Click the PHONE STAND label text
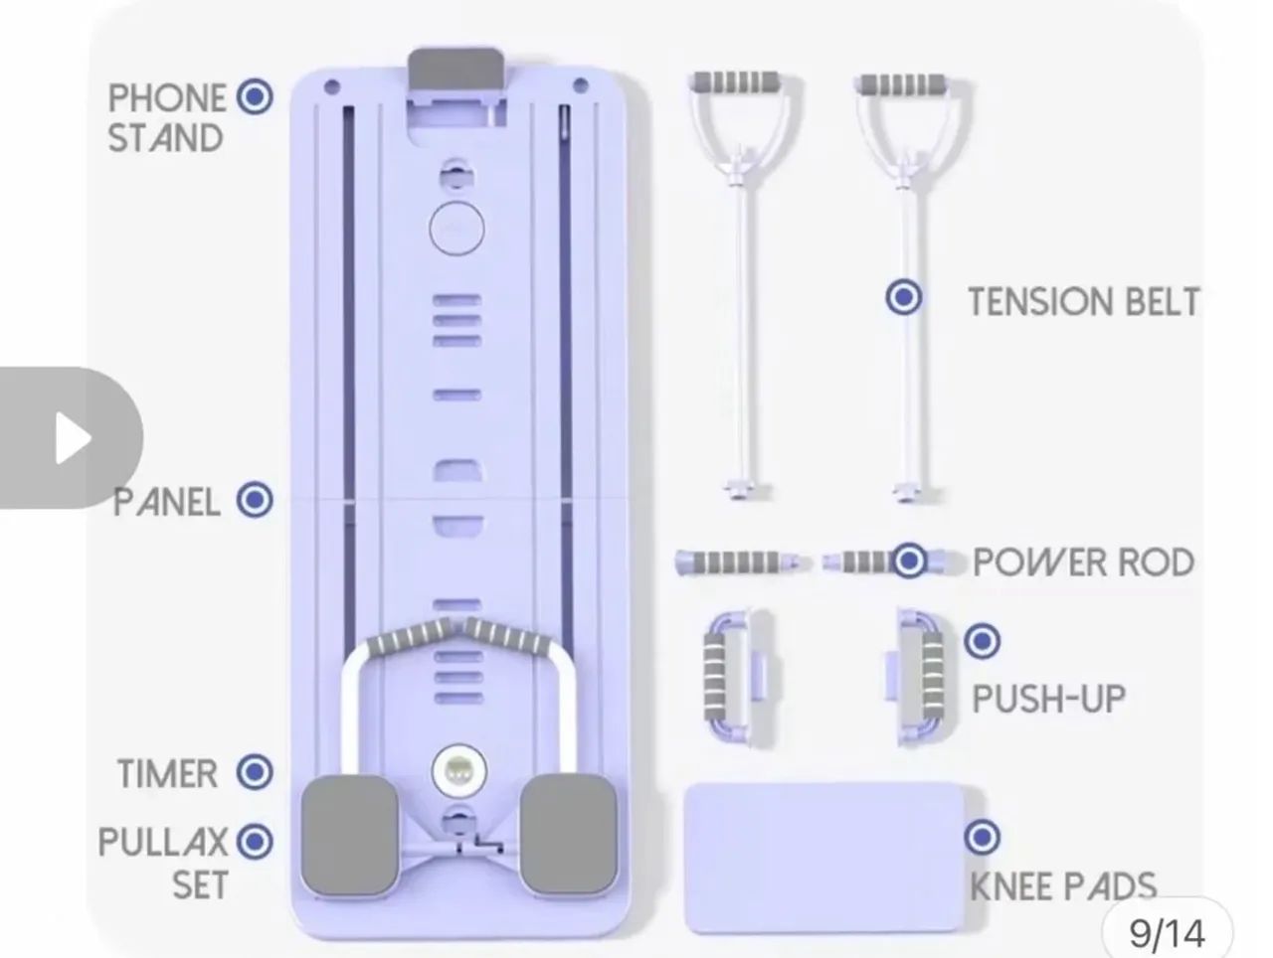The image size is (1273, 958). (x=166, y=117)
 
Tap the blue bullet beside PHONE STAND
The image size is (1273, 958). (x=255, y=96)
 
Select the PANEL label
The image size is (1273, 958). (x=166, y=502)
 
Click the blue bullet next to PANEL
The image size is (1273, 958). (x=255, y=500)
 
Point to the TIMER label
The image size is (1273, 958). (x=168, y=773)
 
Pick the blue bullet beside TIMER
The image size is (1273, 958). (x=255, y=772)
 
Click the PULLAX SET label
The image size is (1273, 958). (x=163, y=863)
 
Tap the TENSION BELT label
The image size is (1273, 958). (x=1083, y=302)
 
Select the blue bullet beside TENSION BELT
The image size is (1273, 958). (x=904, y=297)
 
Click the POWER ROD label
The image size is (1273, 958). (x=1083, y=562)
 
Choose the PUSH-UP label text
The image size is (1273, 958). (x=1048, y=699)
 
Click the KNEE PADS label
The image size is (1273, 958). (x=1063, y=886)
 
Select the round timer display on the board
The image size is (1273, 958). (x=459, y=772)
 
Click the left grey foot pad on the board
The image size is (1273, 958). (x=350, y=834)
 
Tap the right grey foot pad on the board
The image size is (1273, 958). (x=568, y=834)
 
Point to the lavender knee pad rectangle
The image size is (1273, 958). (x=824, y=858)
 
